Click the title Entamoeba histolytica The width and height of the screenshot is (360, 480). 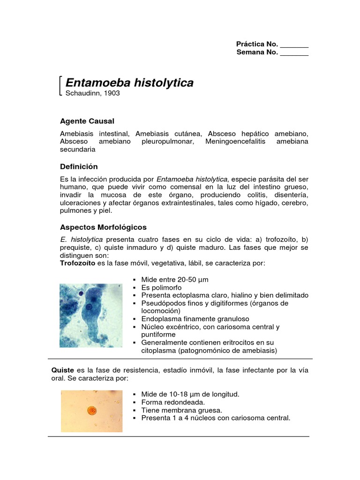129,83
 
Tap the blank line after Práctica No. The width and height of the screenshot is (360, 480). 294,45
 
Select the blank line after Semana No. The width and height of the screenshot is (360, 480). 294,52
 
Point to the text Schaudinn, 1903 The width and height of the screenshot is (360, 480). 93,93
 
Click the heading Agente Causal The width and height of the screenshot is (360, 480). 87,121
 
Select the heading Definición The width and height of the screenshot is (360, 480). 79,166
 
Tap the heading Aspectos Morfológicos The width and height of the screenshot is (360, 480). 103,227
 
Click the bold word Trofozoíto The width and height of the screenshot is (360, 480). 77,263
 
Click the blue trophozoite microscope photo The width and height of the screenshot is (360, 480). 90,315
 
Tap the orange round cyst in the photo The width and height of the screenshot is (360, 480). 92,411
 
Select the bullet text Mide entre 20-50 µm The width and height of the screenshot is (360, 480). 172,279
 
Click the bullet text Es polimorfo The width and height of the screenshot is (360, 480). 161,287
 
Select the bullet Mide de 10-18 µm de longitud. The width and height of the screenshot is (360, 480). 187,394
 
